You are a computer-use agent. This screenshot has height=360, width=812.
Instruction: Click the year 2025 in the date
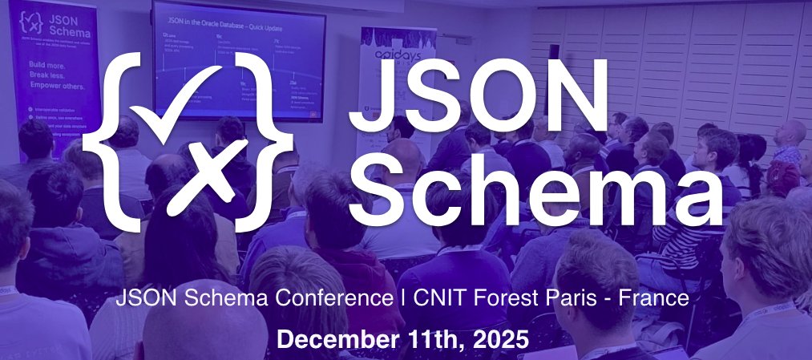tap(499, 338)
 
